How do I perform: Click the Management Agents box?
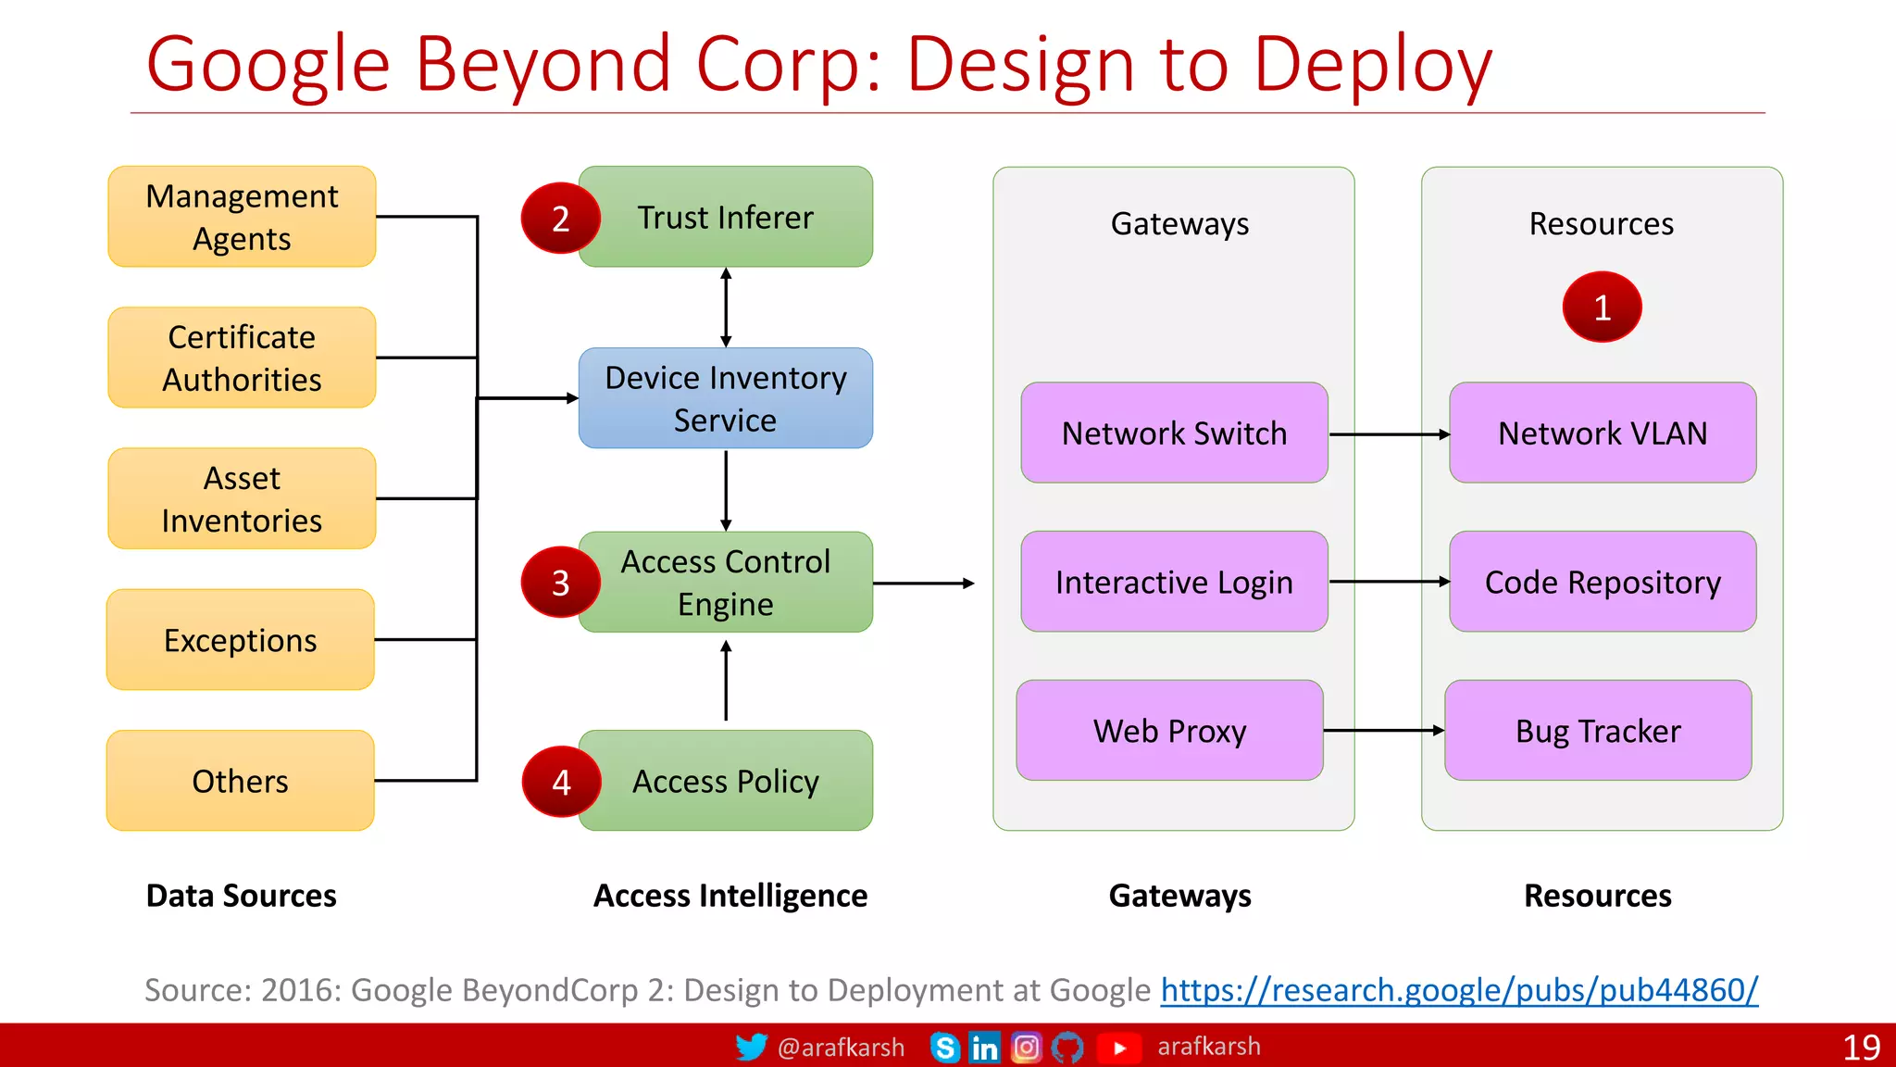click(242, 217)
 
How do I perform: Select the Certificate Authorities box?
click(242, 358)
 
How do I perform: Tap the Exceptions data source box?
click(241, 640)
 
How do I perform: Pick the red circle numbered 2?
click(561, 219)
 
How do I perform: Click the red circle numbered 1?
click(1602, 308)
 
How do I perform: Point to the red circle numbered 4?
click(561, 782)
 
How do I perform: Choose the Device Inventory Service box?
click(725, 398)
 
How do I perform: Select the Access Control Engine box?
click(725, 583)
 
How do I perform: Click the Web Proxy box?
click(1169, 731)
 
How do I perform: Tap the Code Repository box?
click(1603, 582)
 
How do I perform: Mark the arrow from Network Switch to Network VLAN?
click(1389, 434)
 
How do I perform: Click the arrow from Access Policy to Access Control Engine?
click(726, 681)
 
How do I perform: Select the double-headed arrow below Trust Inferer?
click(726, 308)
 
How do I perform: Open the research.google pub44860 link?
click(1459, 990)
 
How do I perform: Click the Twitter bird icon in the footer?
click(751, 1047)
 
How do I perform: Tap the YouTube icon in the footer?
click(1119, 1048)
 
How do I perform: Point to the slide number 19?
click(1861, 1048)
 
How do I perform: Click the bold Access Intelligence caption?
click(730, 896)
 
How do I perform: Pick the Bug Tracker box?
click(1598, 731)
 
